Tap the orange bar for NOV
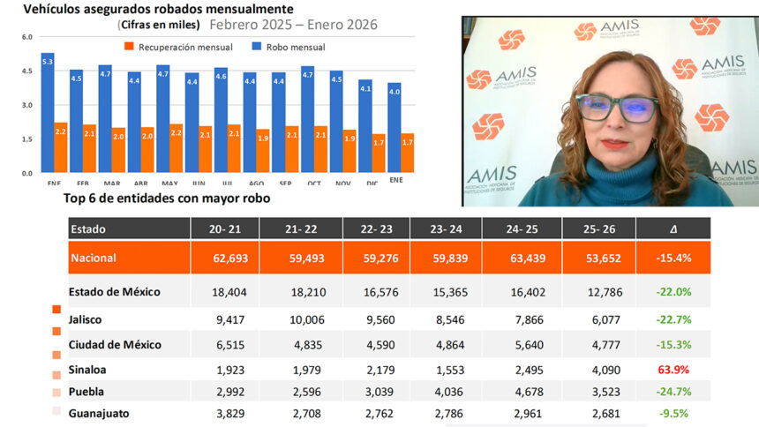349,151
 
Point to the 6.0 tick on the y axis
26,37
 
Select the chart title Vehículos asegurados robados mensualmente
158,10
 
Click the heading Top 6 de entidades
167,199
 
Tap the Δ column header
673,228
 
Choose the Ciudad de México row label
115,342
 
